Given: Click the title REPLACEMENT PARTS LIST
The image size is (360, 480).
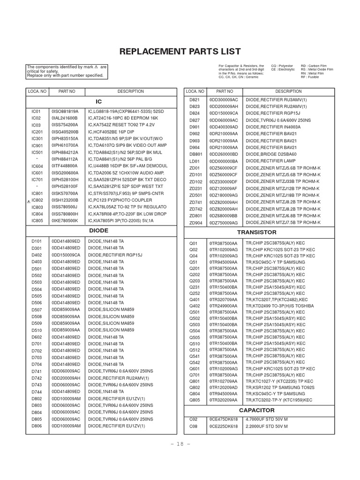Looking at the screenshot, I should coord(180,51).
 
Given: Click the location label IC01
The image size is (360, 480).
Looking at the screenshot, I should coord(37,112).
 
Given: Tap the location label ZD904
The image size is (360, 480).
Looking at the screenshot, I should coord(195,222).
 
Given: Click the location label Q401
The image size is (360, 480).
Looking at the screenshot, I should coord(194,299).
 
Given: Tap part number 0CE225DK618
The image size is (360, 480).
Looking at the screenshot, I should coord(224,427).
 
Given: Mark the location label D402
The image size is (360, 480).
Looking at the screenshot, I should coord(37,255).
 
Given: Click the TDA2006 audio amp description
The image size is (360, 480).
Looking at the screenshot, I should coord(124,172).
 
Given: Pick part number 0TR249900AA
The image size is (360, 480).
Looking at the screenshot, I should coord(224,306).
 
